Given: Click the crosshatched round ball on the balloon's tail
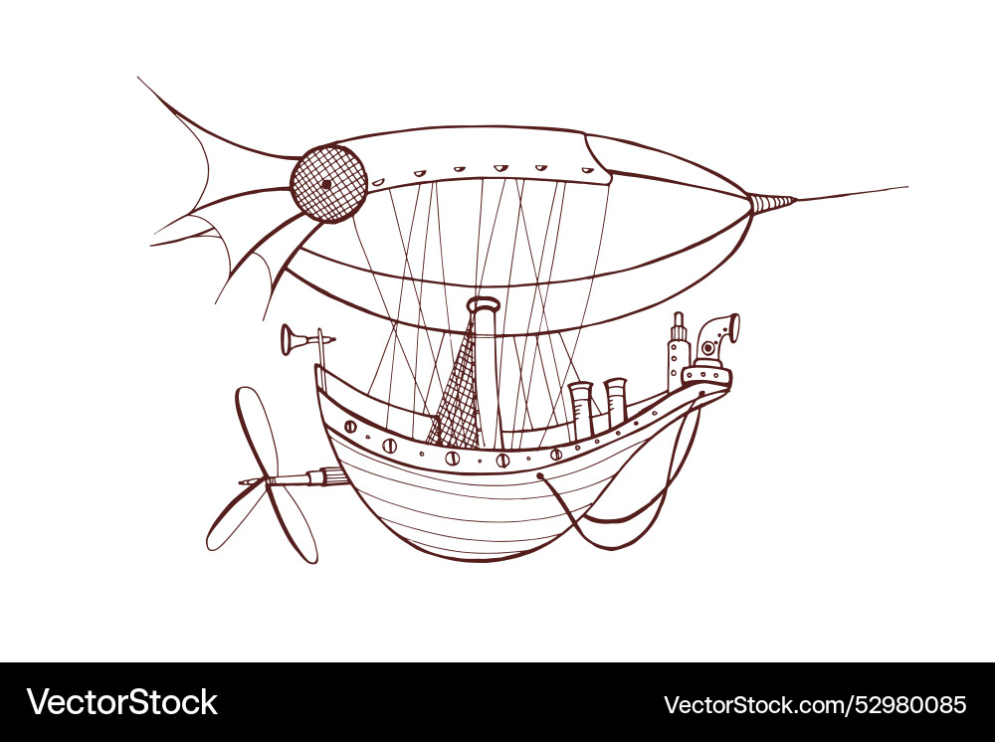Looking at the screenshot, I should (x=329, y=184).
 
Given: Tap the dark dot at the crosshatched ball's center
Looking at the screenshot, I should (x=325, y=184).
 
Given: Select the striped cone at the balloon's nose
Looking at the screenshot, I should (x=772, y=203).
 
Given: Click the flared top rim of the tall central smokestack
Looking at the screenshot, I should (x=484, y=304).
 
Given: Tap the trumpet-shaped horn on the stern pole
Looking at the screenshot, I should (x=296, y=340).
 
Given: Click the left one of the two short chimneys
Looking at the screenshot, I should (x=581, y=408).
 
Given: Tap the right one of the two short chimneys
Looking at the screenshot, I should (x=615, y=400).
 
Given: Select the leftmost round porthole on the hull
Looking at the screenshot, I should (x=350, y=427).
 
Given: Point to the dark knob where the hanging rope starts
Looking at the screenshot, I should (x=540, y=476).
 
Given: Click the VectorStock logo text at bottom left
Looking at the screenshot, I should (x=122, y=702).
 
